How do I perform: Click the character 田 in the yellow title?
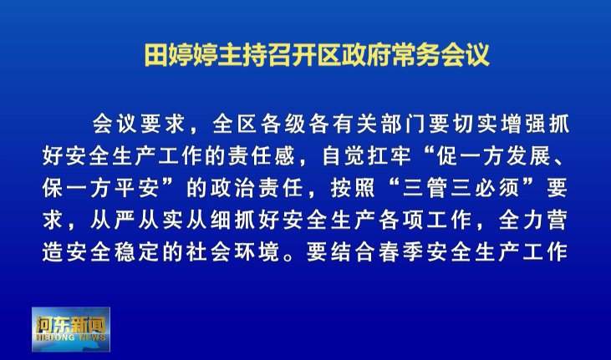click(x=156, y=55)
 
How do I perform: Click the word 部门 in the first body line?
click(x=405, y=124)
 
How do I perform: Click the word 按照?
click(x=353, y=188)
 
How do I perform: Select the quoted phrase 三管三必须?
click(x=461, y=188)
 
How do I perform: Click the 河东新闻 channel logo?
click(x=71, y=329)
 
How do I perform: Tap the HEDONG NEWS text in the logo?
click(x=70, y=337)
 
